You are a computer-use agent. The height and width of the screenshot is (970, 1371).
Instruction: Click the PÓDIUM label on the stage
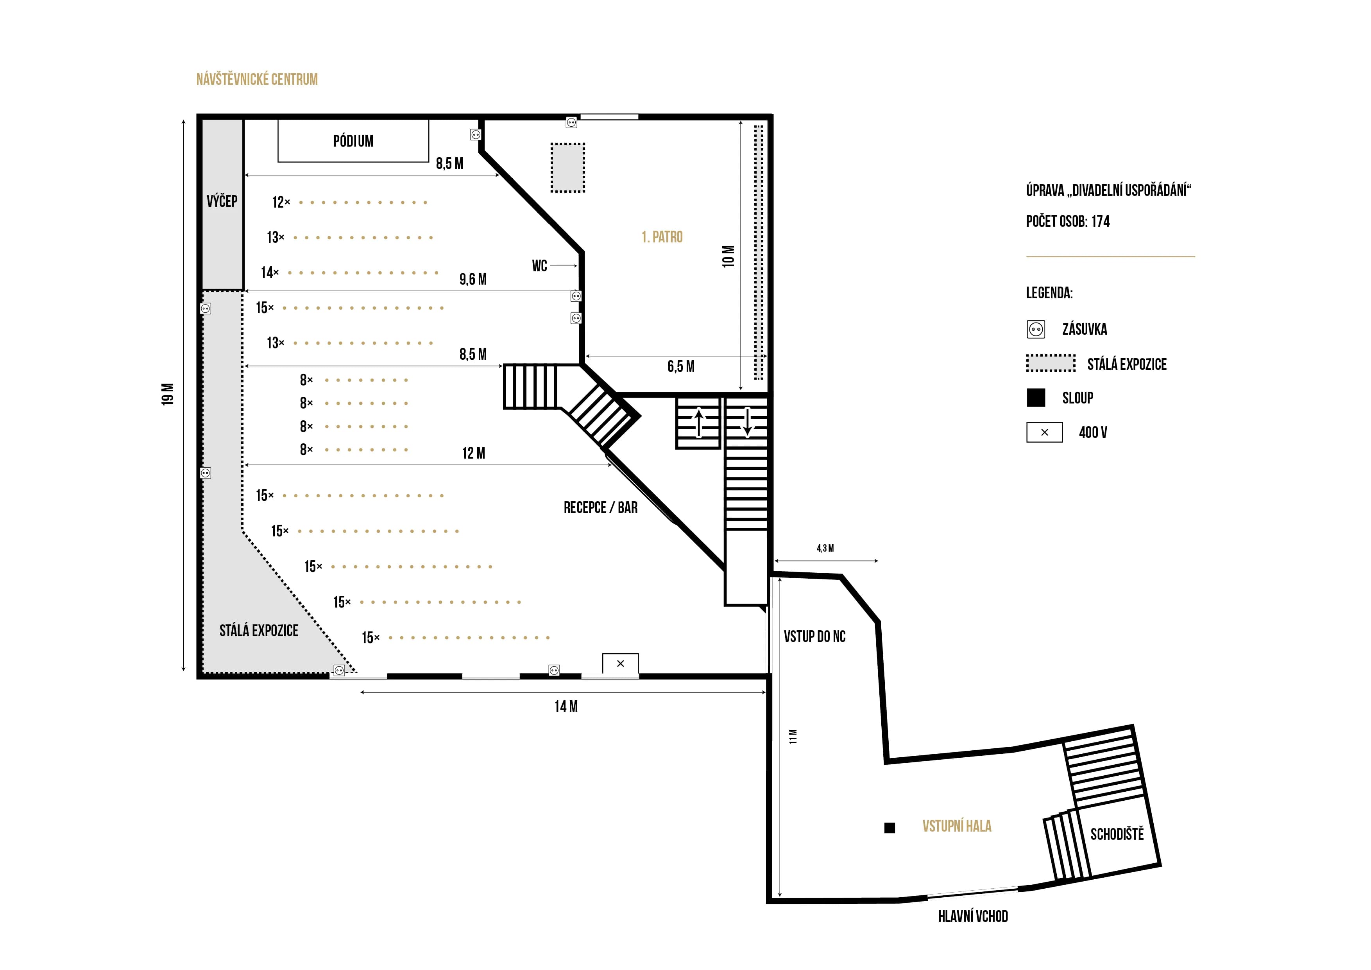point(353,141)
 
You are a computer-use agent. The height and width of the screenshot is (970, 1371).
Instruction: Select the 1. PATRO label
point(662,237)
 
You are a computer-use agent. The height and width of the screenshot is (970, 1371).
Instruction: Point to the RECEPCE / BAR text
point(601,508)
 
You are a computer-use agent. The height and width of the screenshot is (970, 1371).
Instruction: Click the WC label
point(540,266)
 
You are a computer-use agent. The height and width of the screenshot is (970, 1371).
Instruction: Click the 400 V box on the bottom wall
point(620,663)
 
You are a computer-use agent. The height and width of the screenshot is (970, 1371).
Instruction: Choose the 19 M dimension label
point(168,394)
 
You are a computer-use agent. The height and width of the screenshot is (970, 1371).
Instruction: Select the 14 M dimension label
point(566,706)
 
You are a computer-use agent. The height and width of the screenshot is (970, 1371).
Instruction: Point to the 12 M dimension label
point(474,454)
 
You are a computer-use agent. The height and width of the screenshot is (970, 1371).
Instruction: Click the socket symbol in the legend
point(1036,329)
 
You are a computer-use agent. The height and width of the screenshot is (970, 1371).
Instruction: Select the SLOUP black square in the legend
point(1036,398)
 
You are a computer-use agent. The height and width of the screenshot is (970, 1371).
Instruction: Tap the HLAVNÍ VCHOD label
point(973,916)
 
